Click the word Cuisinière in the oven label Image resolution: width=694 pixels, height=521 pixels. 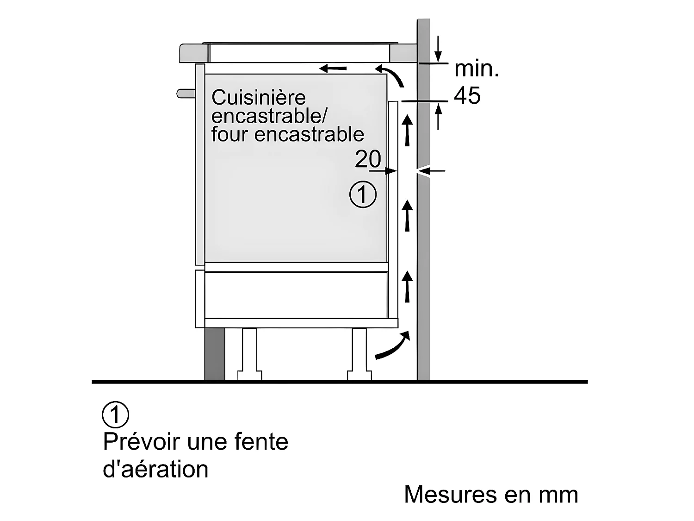(259, 98)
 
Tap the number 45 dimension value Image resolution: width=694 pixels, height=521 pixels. (467, 96)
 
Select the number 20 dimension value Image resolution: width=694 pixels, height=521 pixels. (368, 159)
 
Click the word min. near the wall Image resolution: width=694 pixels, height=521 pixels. (477, 69)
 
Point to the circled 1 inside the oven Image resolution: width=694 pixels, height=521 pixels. (363, 195)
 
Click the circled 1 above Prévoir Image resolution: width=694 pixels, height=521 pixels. (115, 414)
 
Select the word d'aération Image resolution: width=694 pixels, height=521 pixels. (155, 469)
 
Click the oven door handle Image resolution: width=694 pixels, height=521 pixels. (186, 94)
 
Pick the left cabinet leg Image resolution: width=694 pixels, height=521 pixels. (249, 353)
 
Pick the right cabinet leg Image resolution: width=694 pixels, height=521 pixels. (359, 353)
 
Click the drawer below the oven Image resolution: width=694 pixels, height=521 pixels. (296, 295)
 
